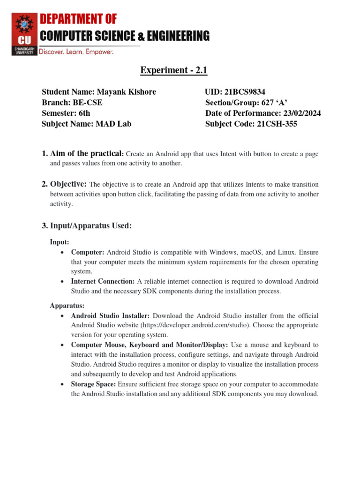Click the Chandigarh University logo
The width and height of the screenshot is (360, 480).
24,34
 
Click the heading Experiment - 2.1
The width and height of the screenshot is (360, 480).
173,70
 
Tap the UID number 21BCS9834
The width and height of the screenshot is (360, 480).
248,92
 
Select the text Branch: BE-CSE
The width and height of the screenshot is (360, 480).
72,103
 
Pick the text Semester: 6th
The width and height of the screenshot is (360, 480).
66,113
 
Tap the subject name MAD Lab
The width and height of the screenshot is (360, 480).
113,124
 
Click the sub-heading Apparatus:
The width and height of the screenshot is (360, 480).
67,306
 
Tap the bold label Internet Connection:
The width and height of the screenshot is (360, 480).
103,281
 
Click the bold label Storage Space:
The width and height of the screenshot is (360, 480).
93,384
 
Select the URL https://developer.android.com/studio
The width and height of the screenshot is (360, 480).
241,325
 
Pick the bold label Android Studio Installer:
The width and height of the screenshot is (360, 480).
110,315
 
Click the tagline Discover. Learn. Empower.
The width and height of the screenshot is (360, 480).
76,52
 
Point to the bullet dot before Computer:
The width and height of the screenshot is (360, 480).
63,252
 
